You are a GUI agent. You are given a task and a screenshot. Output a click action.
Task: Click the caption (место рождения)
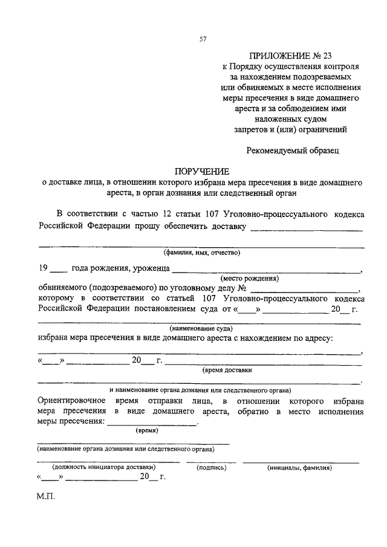point(250,279)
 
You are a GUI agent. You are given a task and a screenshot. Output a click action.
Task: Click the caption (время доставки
point(227,370)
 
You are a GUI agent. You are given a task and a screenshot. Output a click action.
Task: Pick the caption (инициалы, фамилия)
point(300,467)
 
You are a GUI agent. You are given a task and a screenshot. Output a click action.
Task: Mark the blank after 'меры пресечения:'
point(152,424)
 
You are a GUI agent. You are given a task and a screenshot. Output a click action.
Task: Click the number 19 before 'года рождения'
point(43,268)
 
